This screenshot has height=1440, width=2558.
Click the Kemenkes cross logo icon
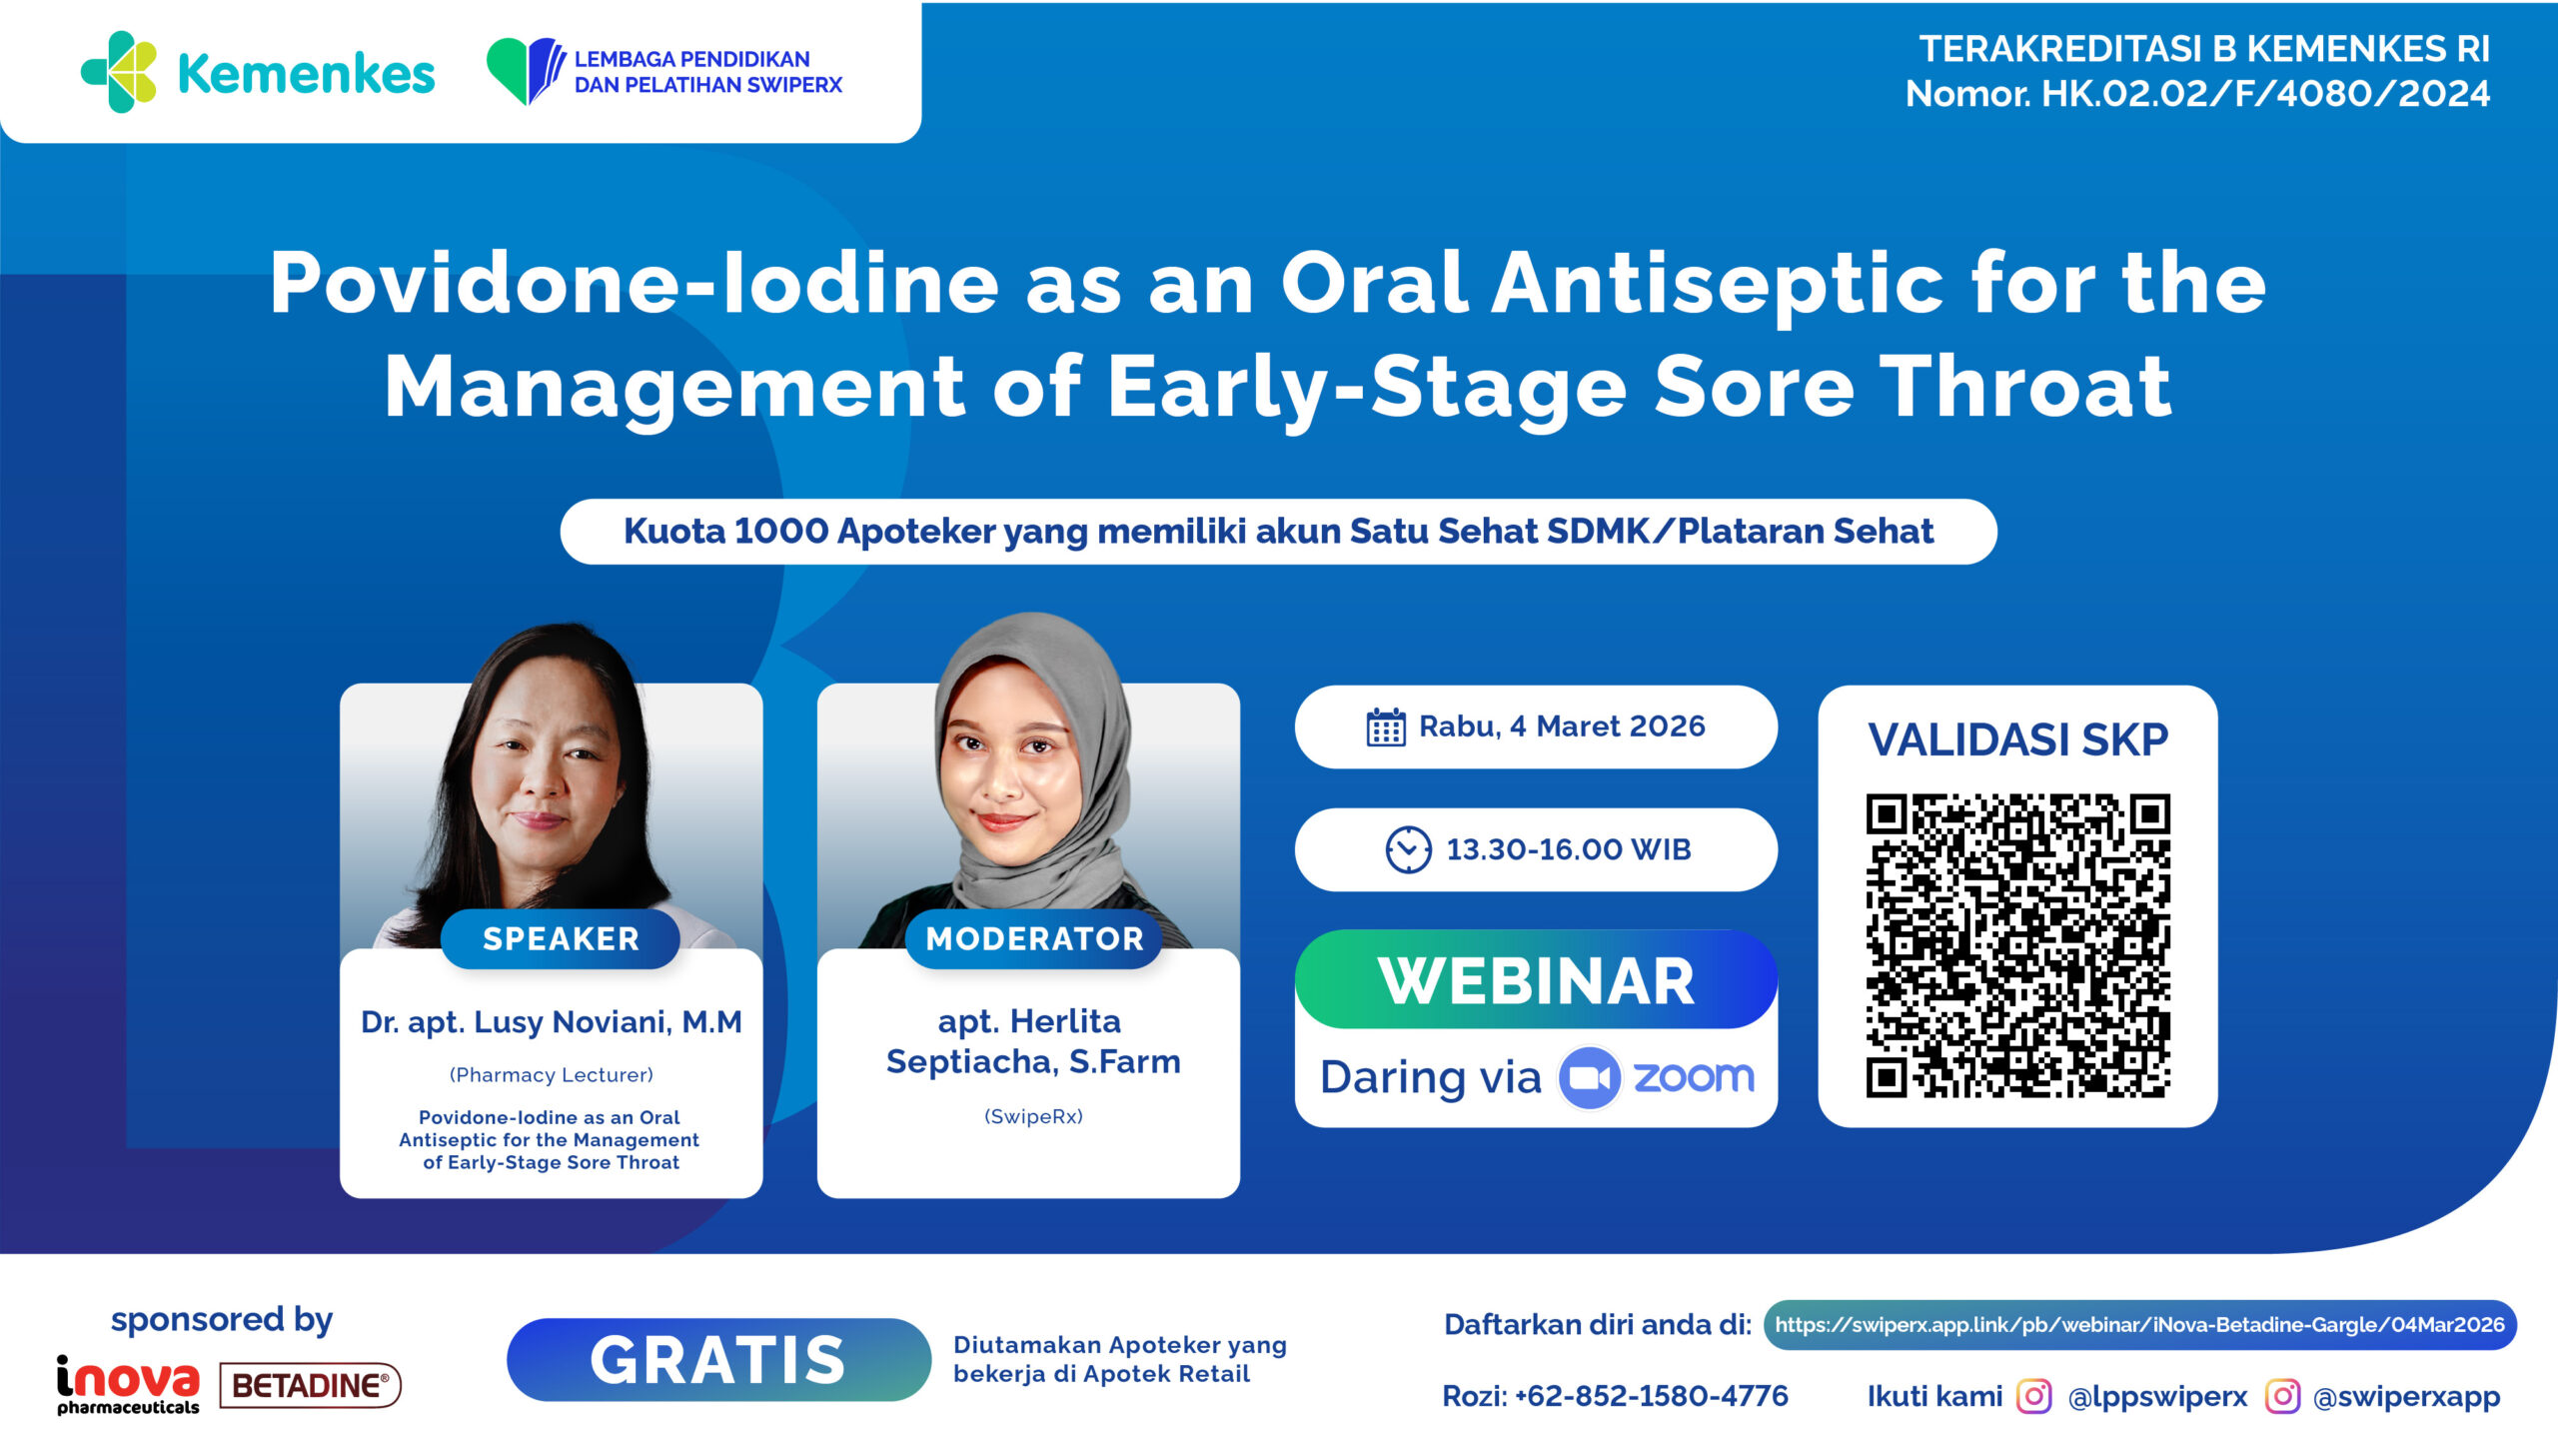tap(119, 72)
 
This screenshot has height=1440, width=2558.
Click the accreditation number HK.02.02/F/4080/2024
tap(2265, 94)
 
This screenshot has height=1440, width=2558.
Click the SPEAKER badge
tap(561, 938)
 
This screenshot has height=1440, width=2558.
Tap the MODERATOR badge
tap(1034, 938)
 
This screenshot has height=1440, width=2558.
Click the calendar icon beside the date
tap(1386, 727)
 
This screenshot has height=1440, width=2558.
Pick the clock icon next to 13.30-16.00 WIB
tap(1408, 849)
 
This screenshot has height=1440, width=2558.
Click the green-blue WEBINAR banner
tap(1536, 979)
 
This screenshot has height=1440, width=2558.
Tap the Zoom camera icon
tap(1589, 1077)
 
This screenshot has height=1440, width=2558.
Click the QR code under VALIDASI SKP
tap(2017, 945)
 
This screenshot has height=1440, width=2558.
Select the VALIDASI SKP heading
tap(2018, 739)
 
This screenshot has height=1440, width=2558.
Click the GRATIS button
tap(718, 1359)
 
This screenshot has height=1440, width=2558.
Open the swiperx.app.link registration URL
tap(2139, 1325)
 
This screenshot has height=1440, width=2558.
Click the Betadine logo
tap(310, 1385)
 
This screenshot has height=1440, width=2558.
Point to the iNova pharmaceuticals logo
tap(128, 1385)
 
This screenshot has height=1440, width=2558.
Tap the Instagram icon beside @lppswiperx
tap(2034, 1396)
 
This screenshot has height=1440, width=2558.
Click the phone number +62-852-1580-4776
tap(1651, 1396)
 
